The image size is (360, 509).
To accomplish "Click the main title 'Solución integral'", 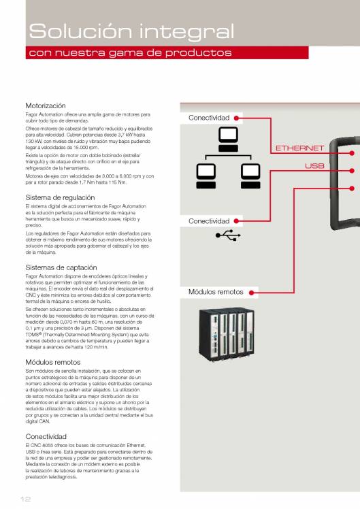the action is click(131, 32).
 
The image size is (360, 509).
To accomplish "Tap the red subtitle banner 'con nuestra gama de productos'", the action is click(167, 52).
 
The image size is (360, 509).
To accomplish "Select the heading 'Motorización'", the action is click(46, 105).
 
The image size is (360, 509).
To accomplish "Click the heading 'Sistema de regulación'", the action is click(60, 197).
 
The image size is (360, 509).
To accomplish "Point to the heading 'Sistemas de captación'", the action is click(61, 267).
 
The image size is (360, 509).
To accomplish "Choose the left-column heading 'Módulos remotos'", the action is click(53, 362).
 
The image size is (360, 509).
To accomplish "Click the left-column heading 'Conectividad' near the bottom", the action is click(46, 436).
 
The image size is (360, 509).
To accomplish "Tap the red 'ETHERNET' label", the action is click(299, 148).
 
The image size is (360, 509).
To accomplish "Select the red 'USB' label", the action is click(314, 166).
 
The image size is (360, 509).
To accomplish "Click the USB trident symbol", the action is click(228, 235).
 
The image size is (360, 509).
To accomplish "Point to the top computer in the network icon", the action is click(228, 139).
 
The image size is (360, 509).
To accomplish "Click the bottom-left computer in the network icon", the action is click(206, 176).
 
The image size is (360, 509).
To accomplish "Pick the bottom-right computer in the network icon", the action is click(250, 176).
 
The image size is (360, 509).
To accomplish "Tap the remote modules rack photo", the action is click(227, 335).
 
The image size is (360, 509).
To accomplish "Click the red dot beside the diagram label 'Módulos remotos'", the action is click(251, 293).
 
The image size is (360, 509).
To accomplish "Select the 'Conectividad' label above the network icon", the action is click(209, 118).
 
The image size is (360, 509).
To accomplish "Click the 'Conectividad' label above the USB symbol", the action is click(209, 221).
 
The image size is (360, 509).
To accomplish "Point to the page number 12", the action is click(25, 499).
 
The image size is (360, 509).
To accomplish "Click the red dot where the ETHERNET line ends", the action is click(352, 153).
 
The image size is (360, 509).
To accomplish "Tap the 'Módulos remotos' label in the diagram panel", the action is click(216, 292).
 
